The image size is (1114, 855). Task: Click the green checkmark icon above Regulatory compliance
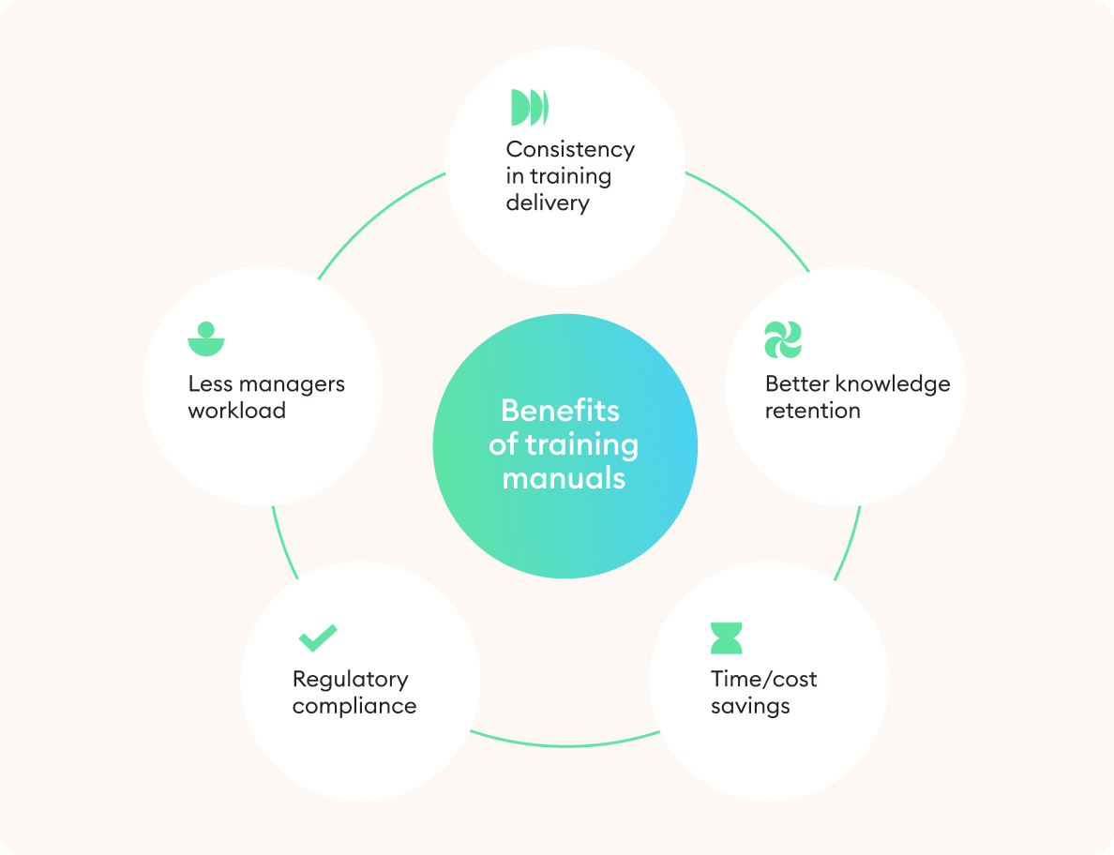pyautogui.click(x=318, y=638)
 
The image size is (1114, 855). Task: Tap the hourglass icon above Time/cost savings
pyautogui.click(x=727, y=637)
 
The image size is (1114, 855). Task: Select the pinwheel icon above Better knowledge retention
pyautogui.click(x=783, y=339)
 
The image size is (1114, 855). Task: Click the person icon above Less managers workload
pyautogui.click(x=206, y=339)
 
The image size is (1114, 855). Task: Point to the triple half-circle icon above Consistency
pyautogui.click(x=529, y=108)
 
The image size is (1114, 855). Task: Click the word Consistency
pyautogui.click(x=570, y=149)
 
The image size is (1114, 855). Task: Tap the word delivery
pyautogui.click(x=548, y=202)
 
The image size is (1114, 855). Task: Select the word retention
pyautogui.click(x=812, y=411)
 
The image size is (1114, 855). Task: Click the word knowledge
pyautogui.click(x=892, y=383)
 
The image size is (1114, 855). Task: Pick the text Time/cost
pyautogui.click(x=763, y=679)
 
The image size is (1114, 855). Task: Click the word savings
pyautogui.click(x=750, y=706)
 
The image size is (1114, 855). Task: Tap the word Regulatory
pyautogui.click(x=351, y=679)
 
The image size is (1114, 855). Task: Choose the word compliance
pyautogui.click(x=354, y=706)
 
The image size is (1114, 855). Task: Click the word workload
pyautogui.click(x=237, y=411)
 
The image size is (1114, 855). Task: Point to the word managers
pyautogui.click(x=292, y=383)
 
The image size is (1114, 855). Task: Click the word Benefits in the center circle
pyautogui.click(x=561, y=411)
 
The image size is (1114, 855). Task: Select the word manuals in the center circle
pyautogui.click(x=564, y=478)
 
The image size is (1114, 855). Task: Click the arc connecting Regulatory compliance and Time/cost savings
pyautogui.click(x=565, y=745)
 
